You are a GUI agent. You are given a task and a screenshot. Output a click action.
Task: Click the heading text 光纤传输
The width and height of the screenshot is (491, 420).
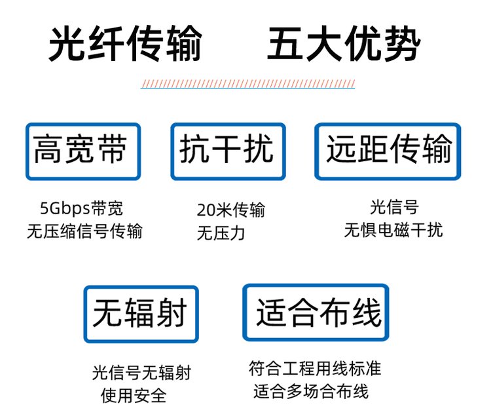[125, 43]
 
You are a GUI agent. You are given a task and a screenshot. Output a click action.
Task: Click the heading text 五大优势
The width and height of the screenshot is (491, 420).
[344, 43]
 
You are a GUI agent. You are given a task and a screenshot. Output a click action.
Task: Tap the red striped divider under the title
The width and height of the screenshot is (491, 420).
[247, 84]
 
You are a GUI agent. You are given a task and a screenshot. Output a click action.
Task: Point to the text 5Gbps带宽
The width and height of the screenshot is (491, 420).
[81, 208]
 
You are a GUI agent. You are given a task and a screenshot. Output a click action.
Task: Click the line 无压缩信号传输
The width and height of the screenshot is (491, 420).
[84, 231]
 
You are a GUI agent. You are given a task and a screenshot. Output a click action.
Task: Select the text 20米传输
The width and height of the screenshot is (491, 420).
[231, 210]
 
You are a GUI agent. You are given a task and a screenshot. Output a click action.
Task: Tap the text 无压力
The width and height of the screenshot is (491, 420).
[221, 233]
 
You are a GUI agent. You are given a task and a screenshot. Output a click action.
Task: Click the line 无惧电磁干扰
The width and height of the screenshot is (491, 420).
[393, 230]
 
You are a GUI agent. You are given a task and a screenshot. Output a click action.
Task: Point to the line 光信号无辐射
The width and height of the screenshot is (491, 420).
[141, 372]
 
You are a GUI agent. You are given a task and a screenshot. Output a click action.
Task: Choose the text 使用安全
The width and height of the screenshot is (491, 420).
[134, 396]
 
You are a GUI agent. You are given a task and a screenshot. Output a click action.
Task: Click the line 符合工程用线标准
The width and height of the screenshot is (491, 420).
[315, 368]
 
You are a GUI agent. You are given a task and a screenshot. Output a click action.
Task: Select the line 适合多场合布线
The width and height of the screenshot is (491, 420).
[311, 391]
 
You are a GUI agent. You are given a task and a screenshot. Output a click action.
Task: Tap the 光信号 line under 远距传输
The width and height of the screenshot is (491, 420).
[394, 207]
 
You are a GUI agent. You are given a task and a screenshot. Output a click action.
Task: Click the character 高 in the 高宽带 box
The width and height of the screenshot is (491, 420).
[48, 149]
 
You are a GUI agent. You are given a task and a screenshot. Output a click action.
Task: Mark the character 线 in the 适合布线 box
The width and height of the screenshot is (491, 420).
[367, 311]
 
